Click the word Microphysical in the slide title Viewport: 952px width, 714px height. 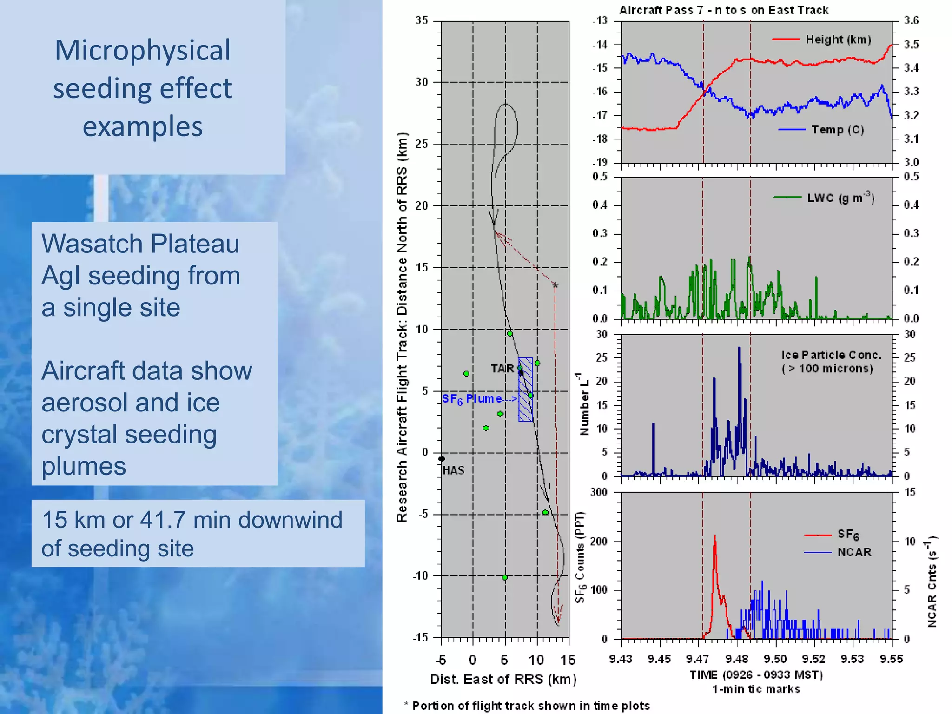pyautogui.click(x=142, y=50)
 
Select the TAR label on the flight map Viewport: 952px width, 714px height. pyautogui.click(x=502, y=369)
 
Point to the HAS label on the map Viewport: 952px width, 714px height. pyautogui.click(x=453, y=470)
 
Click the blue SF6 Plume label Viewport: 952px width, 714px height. pyautogui.click(x=472, y=399)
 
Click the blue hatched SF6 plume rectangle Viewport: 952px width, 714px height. pyautogui.click(x=526, y=409)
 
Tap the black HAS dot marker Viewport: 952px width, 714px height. pyautogui.click(x=442, y=459)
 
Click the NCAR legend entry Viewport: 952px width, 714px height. pyautogui.click(x=854, y=552)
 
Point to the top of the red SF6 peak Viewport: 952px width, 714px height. pyautogui.click(x=715, y=536)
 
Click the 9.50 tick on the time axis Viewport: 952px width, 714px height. pyautogui.click(x=775, y=659)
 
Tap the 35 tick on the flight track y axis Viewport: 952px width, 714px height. pyautogui.click(x=422, y=20)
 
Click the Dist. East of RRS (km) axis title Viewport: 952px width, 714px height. pyautogui.click(x=503, y=680)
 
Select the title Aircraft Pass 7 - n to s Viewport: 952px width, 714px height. pyautogui.click(x=724, y=10)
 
